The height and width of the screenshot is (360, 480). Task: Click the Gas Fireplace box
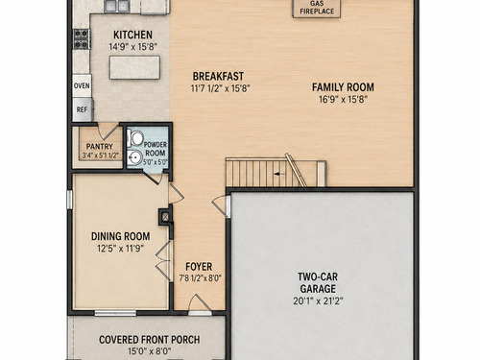pyautogui.click(x=317, y=9)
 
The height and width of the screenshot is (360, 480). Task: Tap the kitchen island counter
pyautogui.click(x=134, y=67)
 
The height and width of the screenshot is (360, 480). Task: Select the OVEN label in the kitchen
pyautogui.click(x=82, y=85)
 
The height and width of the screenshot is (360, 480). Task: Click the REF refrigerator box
pyautogui.click(x=83, y=109)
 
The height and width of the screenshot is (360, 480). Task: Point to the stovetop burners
pyautogui.click(x=82, y=39)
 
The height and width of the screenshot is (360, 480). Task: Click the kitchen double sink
pyautogui.click(x=116, y=6)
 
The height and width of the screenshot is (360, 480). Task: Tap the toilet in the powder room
pyautogui.click(x=134, y=138)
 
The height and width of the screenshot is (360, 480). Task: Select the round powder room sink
pyautogui.click(x=135, y=157)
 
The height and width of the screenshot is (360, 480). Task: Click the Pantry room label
pyautogui.click(x=100, y=147)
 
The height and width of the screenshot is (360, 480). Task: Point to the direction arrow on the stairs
pyautogui.click(x=278, y=174)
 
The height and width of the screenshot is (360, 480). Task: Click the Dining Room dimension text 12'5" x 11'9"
pyautogui.click(x=120, y=249)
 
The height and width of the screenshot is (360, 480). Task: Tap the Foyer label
pyautogui.click(x=199, y=267)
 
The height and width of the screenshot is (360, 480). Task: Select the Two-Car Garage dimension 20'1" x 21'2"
pyautogui.click(x=318, y=301)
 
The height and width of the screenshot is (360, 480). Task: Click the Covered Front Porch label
pyautogui.click(x=150, y=340)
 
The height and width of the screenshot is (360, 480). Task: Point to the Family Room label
pyautogui.click(x=343, y=87)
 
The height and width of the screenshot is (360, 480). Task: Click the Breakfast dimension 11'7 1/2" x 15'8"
pyautogui.click(x=220, y=88)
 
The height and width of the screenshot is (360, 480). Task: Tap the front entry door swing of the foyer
pyautogui.click(x=199, y=303)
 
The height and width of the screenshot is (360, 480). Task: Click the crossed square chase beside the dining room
pyautogui.click(x=165, y=217)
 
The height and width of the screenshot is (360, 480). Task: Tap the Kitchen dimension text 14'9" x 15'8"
pyautogui.click(x=132, y=47)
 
